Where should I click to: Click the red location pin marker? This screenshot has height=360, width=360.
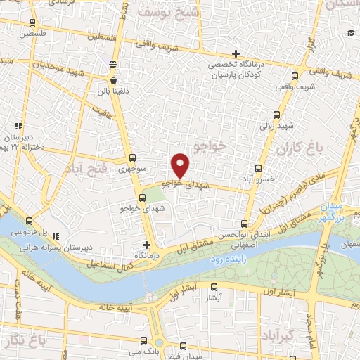(x=181, y=165)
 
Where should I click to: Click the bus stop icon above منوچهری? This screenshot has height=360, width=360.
(x=132, y=157)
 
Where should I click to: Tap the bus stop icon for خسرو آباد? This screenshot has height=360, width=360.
(x=259, y=168)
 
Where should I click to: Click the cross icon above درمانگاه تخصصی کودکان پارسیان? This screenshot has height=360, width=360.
(x=236, y=54)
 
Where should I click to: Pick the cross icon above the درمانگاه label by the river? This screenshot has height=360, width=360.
(x=146, y=245)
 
